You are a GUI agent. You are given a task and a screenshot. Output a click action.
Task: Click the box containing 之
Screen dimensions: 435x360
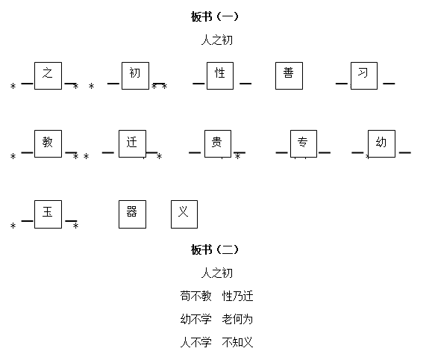click(x=48, y=76)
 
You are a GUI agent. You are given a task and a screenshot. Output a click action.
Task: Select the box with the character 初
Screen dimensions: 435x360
click(x=135, y=76)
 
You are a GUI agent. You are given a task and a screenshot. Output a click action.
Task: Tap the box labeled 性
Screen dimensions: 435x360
click(x=220, y=76)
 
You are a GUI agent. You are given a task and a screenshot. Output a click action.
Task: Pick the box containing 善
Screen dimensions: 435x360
click(x=289, y=76)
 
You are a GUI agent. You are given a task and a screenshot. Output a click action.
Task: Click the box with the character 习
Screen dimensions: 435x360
click(x=364, y=76)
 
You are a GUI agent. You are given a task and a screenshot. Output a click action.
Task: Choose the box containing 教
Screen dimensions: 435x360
click(x=48, y=143)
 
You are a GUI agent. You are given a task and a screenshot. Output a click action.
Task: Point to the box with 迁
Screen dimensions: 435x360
click(x=132, y=143)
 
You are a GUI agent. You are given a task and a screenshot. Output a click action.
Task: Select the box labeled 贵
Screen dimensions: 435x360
click(x=218, y=143)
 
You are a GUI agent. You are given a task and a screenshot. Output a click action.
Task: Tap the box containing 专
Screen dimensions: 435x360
click(x=304, y=143)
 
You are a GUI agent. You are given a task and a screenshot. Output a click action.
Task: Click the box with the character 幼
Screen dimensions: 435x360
click(x=381, y=143)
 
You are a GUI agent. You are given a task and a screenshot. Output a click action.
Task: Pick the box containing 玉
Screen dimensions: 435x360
click(x=48, y=214)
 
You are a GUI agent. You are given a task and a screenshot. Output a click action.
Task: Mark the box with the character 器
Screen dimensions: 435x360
click(x=132, y=214)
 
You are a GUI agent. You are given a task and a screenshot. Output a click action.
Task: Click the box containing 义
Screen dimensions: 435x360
click(x=184, y=214)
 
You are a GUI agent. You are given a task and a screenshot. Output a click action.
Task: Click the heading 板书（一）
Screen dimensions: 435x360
click(x=214, y=16)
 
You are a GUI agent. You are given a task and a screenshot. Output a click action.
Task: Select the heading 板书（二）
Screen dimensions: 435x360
click(x=214, y=249)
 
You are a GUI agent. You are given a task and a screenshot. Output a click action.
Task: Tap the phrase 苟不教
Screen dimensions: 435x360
click(x=195, y=296)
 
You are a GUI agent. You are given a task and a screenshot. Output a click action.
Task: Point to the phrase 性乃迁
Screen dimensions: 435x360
click(x=237, y=296)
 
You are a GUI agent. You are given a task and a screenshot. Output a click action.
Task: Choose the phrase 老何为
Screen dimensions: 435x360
click(x=237, y=319)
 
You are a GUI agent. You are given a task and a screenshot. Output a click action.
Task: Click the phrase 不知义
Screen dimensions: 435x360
click(x=237, y=342)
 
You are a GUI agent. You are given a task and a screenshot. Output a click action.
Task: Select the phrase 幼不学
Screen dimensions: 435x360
click(x=195, y=319)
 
